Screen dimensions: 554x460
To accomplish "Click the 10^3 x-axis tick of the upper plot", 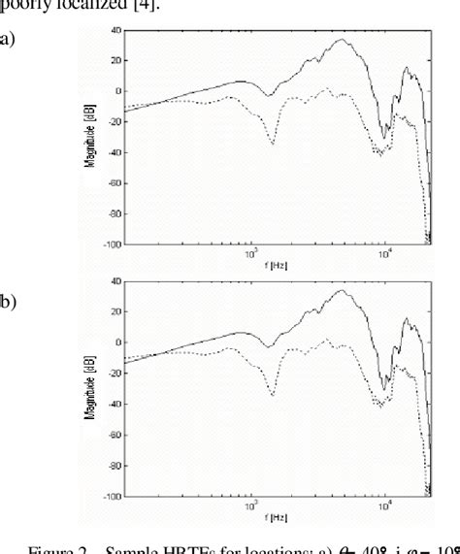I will click(250, 253).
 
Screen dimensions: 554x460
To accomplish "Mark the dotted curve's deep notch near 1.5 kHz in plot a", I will click(273, 144).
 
